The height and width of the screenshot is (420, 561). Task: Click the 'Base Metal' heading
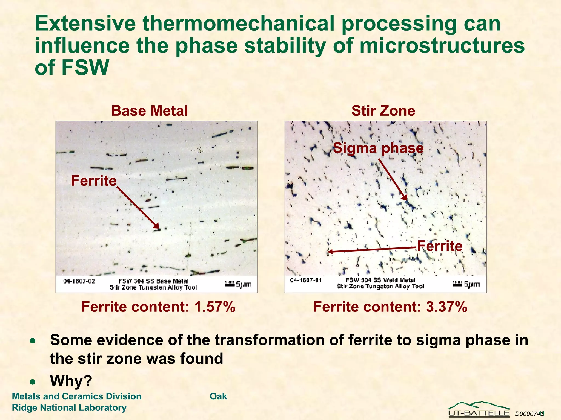pyautogui.click(x=150, y=111)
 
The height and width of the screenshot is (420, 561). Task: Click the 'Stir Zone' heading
pyautogui.click(x=383, y=111)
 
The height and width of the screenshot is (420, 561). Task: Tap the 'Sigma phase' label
pyautogui.click(x=378, y=148)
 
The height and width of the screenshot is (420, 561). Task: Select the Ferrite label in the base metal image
pyautogui.click(x=94, y=181)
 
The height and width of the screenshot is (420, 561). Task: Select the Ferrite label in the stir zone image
pyautogui.click(x=440, y=246)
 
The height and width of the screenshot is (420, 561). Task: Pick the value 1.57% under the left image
pyautogui.click(x=214, y=307)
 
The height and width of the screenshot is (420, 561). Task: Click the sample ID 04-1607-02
pyautogui.click(x=79, y=281)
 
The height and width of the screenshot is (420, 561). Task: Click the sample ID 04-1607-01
pyautogui.click(x=306, y=280)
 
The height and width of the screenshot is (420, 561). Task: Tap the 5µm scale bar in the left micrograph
pyautogui.click(x=238, y=284)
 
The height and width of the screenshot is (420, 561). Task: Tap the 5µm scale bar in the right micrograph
pyautogui.click(x=466, y=284)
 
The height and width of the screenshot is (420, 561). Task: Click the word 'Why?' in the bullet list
pyautogui.click(x=71, y=381)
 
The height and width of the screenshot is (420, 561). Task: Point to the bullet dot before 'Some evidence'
pyautogui.click(x=33, y=341)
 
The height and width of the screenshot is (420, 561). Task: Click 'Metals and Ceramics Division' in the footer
pyautogui.click(x=77, y=396)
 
